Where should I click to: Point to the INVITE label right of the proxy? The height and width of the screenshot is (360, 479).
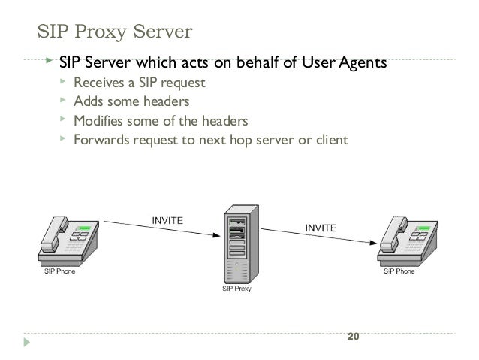321,226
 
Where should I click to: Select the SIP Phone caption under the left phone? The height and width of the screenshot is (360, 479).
57,272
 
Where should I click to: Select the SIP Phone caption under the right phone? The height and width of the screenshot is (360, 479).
399,272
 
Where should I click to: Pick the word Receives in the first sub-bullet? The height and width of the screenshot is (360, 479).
98,83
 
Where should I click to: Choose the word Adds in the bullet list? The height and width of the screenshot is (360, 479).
87,101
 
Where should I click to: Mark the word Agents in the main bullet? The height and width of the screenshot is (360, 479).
363,62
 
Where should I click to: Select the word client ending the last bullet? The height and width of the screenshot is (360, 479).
331,139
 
